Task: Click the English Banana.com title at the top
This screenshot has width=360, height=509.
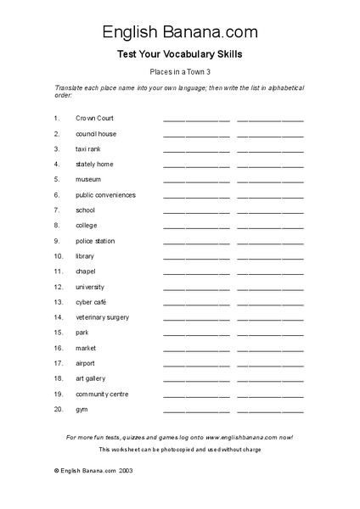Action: pos(180,32)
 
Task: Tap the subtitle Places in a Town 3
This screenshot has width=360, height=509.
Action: pos(180,74)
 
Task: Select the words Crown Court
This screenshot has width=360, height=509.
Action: pos(94,119)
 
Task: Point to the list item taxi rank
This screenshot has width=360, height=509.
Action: pos(88,149)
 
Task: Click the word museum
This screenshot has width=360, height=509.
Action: pos(88,180)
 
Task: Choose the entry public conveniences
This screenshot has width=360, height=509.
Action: pos(105,195)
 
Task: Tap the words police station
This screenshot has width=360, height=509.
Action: pos(95,241)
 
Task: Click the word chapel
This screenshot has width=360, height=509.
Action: pos(86,271)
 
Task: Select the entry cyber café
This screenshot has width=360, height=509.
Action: pos(91,302)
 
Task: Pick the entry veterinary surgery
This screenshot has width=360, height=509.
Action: pos(102,317)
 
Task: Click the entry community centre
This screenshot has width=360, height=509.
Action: pos(102,394)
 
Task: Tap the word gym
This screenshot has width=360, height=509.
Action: pos(82,409)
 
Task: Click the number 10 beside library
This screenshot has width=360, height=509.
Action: pos(58,256)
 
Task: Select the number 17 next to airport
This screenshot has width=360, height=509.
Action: pos(58,363)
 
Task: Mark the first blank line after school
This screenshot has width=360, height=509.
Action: pos(196,212)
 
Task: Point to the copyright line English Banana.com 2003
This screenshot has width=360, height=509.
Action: pos(93,469)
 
